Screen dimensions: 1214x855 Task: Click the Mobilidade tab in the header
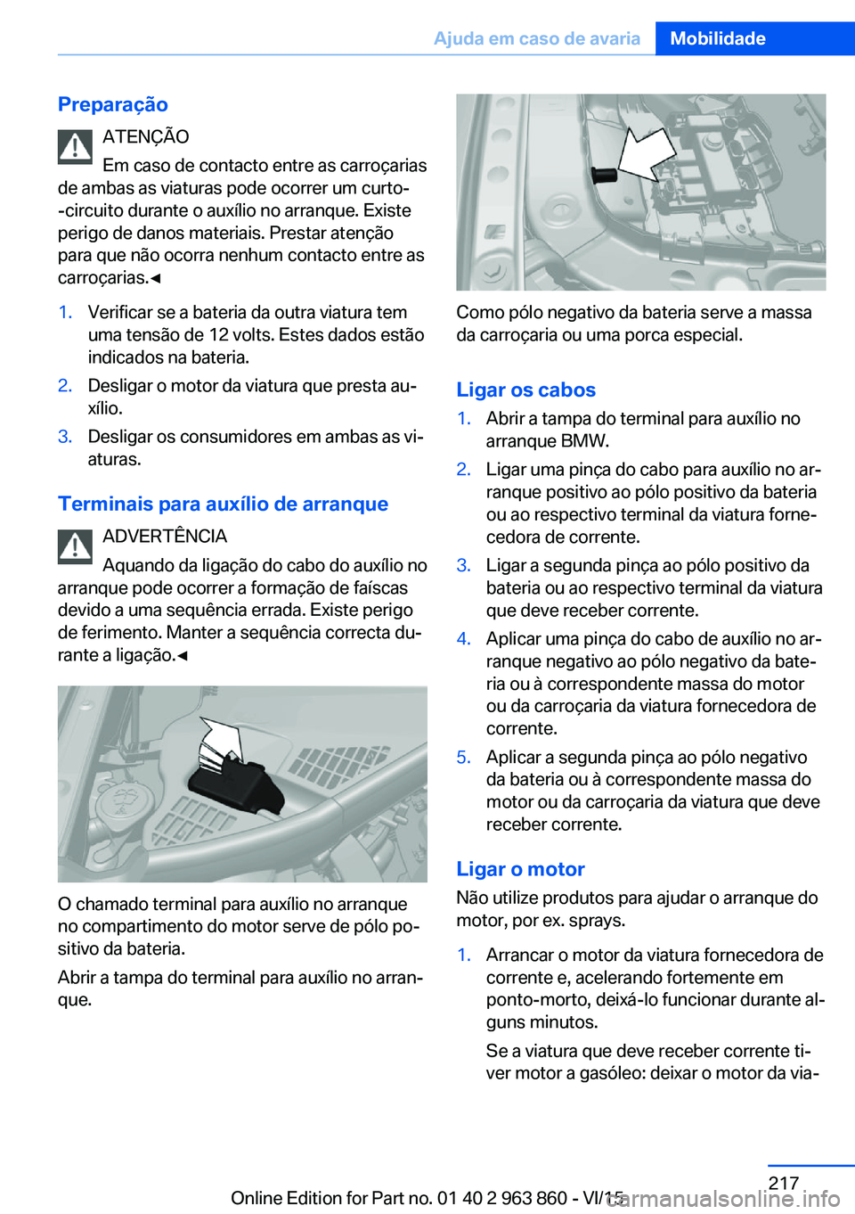(x=717, y=38)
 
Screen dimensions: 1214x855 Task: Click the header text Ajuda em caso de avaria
(x=536, y=38)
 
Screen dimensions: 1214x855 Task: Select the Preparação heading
(x=113, y=104)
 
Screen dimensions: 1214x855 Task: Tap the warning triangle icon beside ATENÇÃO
(x=76, y=147)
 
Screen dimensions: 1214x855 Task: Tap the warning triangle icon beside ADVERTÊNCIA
(x=76, y=546)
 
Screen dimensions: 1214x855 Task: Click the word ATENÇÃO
(x=145, y=136)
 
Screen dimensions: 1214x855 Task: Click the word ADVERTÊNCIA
(x=165, y=536)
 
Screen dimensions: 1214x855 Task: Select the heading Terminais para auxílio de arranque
(x=223, y=504)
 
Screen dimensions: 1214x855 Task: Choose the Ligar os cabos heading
(x=525, y=390)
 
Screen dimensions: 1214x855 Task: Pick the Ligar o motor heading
(x=520, y=869)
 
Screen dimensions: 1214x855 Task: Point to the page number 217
(x=783, y=1183)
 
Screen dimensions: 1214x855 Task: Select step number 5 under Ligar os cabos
(x=463, y=757)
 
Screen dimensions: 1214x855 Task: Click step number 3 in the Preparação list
(x=65, y=437)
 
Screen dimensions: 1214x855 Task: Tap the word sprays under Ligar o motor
(x=596, y=920)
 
